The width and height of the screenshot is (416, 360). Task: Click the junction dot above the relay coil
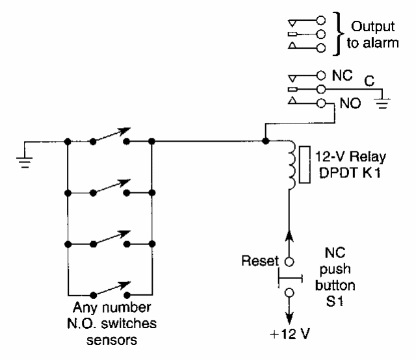point(265,139)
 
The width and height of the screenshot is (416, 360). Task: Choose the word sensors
point(110,337)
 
